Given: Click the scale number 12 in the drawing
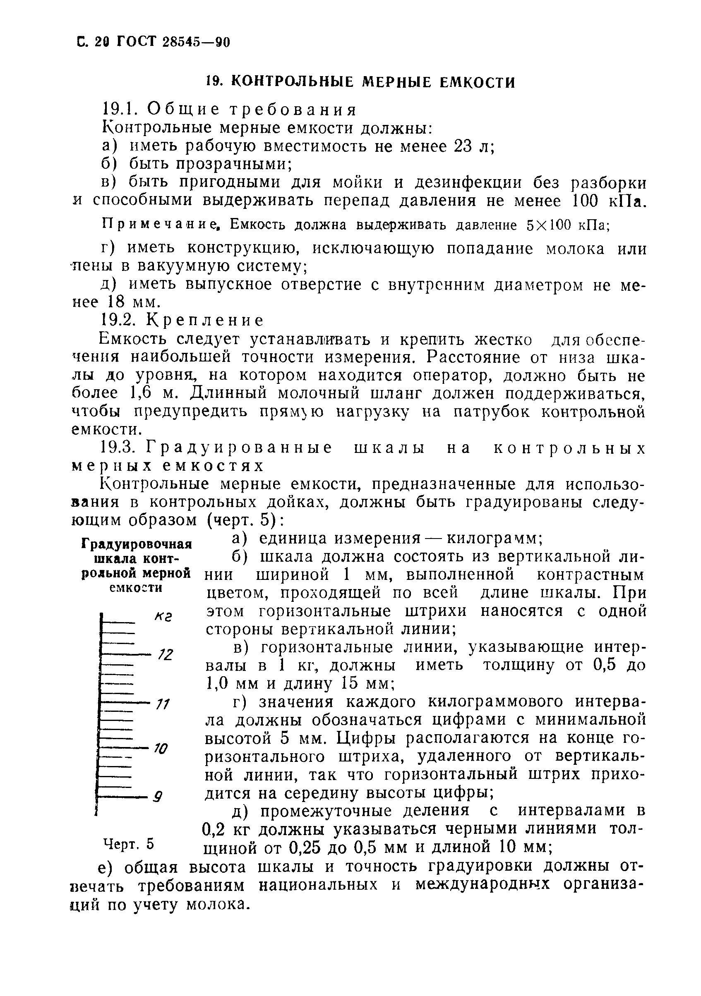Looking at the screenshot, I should point(166,655).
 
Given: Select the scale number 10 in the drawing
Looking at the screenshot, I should point(161,748).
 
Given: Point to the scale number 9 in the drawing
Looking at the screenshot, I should point(158,797).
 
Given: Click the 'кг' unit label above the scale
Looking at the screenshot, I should point(163,616).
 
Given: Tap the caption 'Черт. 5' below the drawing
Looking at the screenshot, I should point(128,844).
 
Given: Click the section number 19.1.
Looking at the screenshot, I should point(118,109).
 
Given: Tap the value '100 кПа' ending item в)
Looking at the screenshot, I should point(606,201).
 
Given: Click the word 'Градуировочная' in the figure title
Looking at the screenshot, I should point(137,544).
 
